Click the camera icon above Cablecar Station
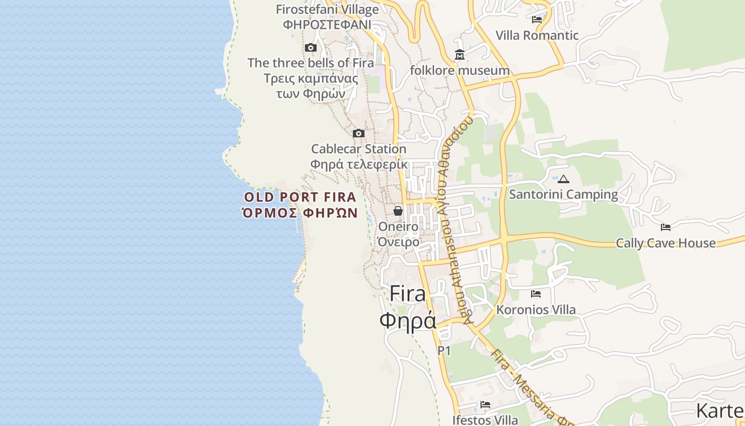click(359, 133)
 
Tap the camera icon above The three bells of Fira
click(311, 48)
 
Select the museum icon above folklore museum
click(460, 55)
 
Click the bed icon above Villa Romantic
click(537, 20)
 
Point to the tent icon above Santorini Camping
click(564, 179)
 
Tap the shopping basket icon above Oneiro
click(398, 211)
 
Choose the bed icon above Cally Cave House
click(666, 227)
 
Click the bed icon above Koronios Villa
click(536, 294)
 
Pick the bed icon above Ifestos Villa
click(485, 405)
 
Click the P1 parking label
click(444, 350)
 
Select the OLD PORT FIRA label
click(300, 198)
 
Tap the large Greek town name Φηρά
click(408, 320)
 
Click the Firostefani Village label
click(327, 10)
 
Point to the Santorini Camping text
click(564, 194)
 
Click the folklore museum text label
click(460, 70)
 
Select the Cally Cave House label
click(666, 243)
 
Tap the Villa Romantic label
click(537, 36)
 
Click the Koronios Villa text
click(536, 309)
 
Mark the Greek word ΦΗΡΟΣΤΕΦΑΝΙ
click(327, 24)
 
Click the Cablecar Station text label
click(359, 149)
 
